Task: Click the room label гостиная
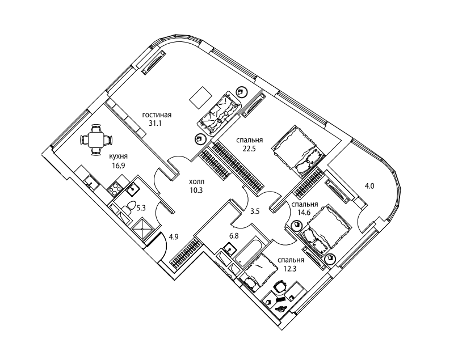157,115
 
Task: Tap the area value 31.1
156,124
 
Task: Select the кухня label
118,156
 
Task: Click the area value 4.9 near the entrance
174,237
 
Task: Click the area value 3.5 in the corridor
255,211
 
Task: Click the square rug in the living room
200,98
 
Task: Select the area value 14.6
304,213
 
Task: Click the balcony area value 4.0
369,186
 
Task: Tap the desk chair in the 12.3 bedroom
280,286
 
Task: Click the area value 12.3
290,269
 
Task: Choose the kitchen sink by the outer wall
92,183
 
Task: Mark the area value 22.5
249,149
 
